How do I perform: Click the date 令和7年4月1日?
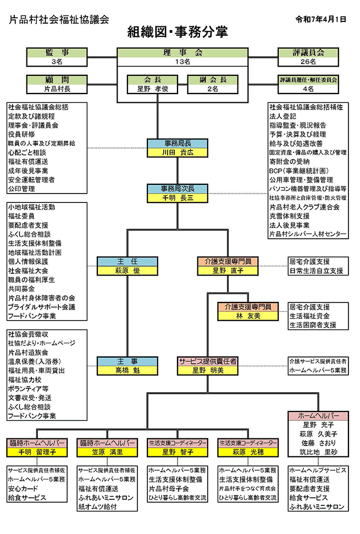pyautogui.click(x=321, y=19)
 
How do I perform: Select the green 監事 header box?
pyautogui.click(x=57, y=53)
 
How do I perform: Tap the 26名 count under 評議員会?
pyautogui.click(x=308, y=62)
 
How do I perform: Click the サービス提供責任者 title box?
pyautogui.click(x=208, y=361)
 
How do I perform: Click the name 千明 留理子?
pyautogui.click(x=37, y=452)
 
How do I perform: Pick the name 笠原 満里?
pyautogui.click(x=108, y=452)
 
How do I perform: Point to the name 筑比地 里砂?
pyautogui.click(x=319, y=452)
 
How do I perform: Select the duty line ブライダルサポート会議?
pyautogui.click(x=42, y=306)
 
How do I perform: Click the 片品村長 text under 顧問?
pyautogui.click(x=57, y=88)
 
